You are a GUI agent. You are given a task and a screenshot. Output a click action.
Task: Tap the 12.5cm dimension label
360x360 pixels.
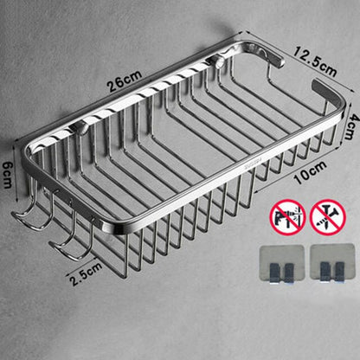click(x=315, y=62)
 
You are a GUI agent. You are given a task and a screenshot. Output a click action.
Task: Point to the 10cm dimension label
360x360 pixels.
click(x=310, y=172)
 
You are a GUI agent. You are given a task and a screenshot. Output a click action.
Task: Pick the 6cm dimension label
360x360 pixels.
click(x=7, y=175)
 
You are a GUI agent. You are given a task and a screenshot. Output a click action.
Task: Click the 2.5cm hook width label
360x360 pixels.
click(x=86, y=273)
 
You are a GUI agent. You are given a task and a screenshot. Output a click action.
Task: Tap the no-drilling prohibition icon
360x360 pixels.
click(x=287, y=217)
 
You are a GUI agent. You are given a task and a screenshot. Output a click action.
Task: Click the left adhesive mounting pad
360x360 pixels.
click(x=282, y=264)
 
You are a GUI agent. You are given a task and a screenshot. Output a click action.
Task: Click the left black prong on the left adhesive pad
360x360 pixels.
click(x=273, y=273)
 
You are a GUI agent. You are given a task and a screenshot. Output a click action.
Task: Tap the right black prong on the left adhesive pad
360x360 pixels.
click(x=289, y=273)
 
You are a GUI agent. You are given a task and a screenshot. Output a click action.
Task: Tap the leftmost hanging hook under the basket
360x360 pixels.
click(x=31, y=214)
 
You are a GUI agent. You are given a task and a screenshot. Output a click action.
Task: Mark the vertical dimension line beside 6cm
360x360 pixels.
click(x=17, y=172)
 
